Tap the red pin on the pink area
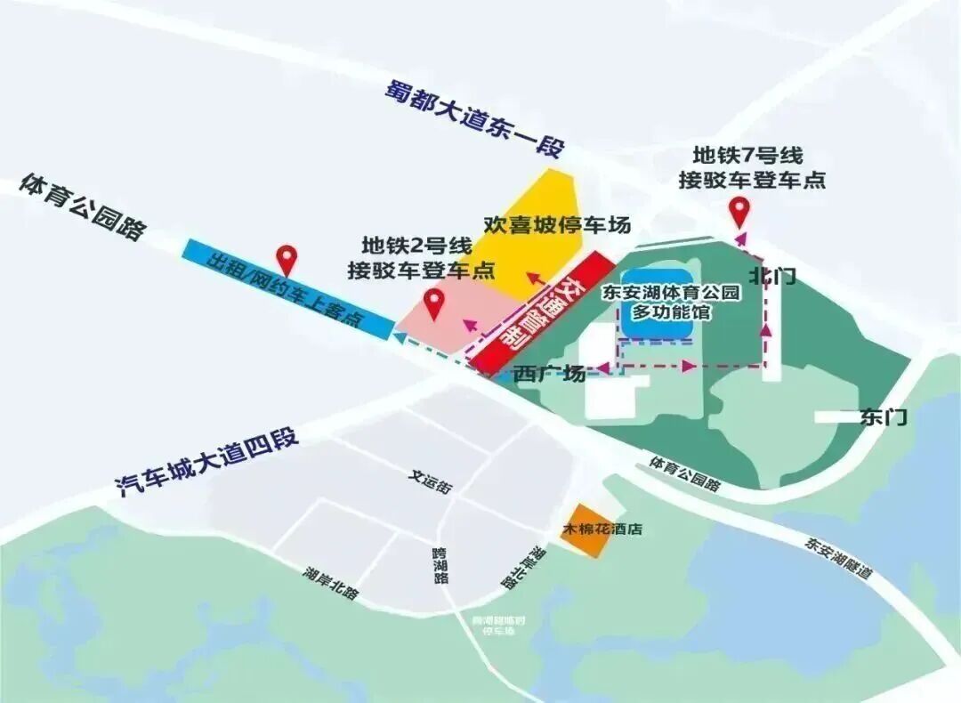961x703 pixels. (434, 304)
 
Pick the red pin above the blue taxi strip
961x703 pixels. (286, 259)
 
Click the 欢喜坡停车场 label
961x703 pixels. (557, 225)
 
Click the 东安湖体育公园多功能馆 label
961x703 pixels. (658, 302)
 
